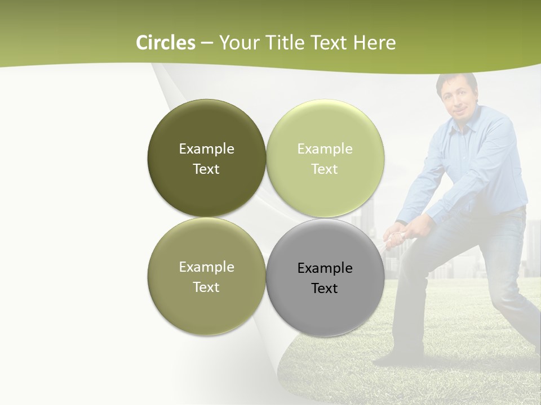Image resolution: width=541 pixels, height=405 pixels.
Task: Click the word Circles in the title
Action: [x=165, y=43]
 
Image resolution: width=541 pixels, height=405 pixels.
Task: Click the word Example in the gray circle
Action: [x=325, y=268]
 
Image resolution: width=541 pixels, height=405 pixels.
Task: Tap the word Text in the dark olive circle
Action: [x=206, y=169]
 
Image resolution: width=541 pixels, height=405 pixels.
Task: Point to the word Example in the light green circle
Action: [x=325, y=149]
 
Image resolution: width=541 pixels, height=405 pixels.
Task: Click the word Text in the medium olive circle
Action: [x=206, y=287]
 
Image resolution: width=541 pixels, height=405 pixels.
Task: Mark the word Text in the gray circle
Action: [x=325, y=289]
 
